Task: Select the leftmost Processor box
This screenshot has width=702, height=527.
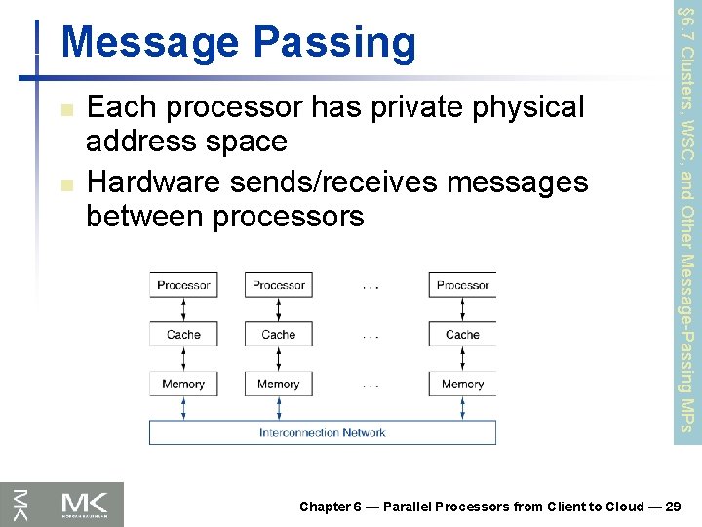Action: click(x=183, y=285)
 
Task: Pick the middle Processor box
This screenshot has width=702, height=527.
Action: click(x=279, y=285)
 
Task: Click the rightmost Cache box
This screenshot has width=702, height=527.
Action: click(x=462, y=334)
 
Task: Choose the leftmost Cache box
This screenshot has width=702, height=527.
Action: click(x=183, y=334)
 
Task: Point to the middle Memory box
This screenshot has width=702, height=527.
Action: click(x=279, y=384)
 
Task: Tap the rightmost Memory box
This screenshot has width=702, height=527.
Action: click(x=462, y=384)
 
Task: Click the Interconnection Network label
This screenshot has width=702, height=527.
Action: click(x=322, y=432)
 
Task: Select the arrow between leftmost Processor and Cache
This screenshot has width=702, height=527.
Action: click(x=183, y=309)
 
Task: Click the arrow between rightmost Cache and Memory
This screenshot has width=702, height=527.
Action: click(x=462, y=359)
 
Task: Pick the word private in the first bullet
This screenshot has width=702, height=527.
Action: click(x=412, y=107)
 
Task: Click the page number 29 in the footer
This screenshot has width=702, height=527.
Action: click(x=672, y=507)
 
